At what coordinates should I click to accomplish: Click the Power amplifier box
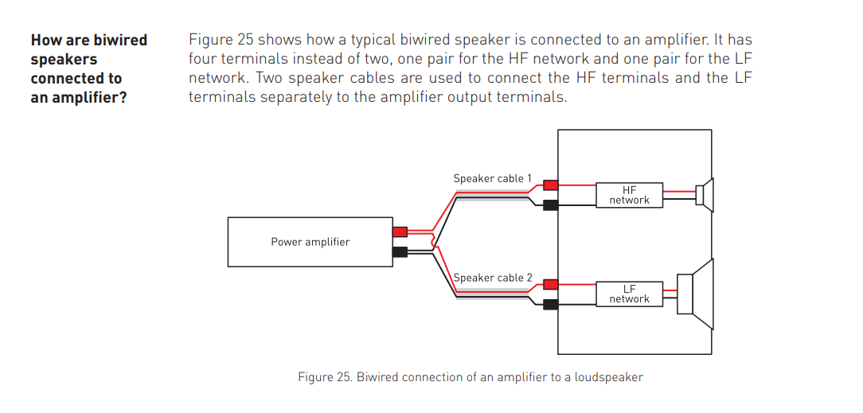pos(310,242)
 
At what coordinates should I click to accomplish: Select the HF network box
pos(629,195)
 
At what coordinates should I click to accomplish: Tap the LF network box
pos(629,294)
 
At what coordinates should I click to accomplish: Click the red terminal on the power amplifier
pos(400,232)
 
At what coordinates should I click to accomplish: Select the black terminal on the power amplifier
pos(400,252)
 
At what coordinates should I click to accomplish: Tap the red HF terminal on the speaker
pos(550,185)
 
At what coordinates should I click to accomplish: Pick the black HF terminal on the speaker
pos(550,205)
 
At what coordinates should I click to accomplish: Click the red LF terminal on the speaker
pos(550,283)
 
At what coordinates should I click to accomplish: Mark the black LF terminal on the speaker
pos(550,303)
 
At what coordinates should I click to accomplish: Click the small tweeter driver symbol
pos(705,194)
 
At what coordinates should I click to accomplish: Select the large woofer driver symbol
pos(697,294)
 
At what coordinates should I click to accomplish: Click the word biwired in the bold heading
pos(120,40)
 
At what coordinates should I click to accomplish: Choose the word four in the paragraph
pos(203,58)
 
